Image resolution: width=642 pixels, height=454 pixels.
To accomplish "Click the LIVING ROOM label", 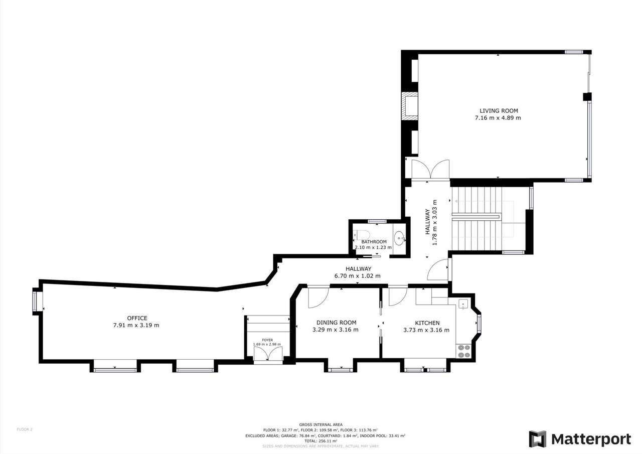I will pyautogui.click(x=498, y=111).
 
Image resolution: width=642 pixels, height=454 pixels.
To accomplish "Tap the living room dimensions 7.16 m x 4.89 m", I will pyautogui.click(x=498, y=118).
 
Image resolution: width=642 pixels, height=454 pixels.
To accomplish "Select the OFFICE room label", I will pyautogui.click(x=137, y=318).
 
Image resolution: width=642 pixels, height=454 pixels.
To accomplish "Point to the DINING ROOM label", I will pyautogui.click(x=336, y=323).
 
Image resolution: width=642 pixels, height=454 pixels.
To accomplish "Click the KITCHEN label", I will pyautogui.click(x=427, y=323).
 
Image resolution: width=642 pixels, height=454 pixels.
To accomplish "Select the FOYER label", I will pyautogui.click(x=267, y=340).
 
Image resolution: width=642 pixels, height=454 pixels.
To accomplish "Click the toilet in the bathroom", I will pyautogui.click(x=362, y=235).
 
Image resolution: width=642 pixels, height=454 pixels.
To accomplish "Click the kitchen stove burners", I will pyautogui.click(x=464, y=351).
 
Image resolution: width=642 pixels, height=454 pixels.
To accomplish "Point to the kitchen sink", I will pyautogui.click(x=463, y=304).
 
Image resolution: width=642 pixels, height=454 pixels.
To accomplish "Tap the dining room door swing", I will pyautogui.click(x=318, y=296).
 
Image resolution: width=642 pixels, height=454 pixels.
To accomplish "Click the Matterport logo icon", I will pyautogui.click(x=537, y=439).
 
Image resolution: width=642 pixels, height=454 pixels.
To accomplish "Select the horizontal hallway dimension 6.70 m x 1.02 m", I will pyautogui.click(x=357, y=276).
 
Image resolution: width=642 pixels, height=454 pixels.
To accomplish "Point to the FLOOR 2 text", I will pyautogui.click(x=25, y=429).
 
